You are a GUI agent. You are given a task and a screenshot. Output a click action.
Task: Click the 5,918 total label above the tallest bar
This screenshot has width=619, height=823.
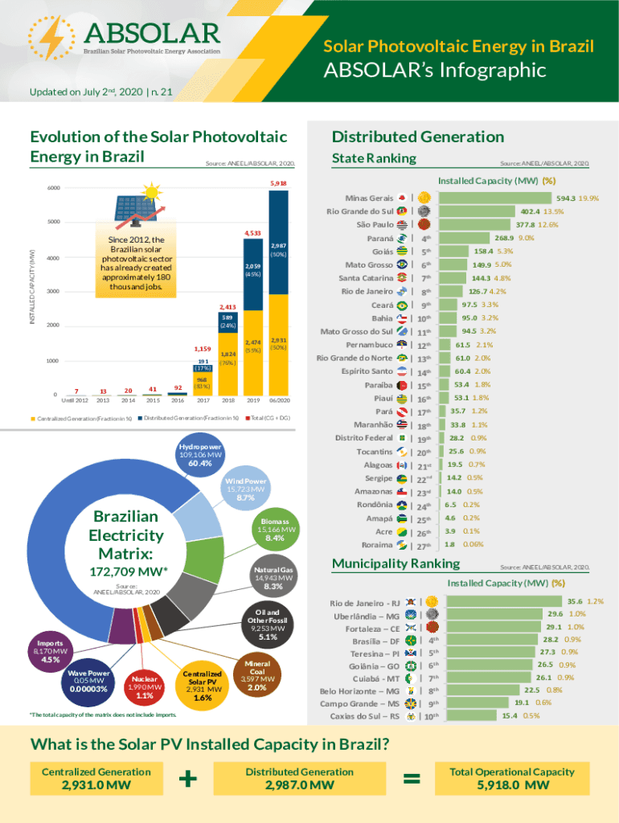[x=278, y=184]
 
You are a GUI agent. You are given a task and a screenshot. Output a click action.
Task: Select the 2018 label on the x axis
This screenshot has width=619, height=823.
[x=228, y=400]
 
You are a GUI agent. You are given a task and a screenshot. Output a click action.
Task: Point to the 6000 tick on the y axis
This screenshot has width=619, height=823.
[x=52, y=189]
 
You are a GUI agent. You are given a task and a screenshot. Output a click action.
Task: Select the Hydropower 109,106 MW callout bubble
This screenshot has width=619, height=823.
[x=200, y=454]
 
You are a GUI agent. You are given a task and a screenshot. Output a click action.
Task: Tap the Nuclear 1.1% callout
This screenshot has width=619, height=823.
[x=145, y=687]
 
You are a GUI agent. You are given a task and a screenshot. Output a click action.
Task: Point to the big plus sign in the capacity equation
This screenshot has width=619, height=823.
[x=188, y=779]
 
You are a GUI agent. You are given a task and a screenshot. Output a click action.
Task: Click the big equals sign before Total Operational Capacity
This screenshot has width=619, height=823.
[x=412, y=779]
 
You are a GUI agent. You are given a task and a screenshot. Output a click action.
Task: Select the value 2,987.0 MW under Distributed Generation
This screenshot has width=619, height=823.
[x=300, y=785]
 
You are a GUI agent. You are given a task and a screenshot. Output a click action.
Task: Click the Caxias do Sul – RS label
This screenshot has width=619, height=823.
[x=359, y=716]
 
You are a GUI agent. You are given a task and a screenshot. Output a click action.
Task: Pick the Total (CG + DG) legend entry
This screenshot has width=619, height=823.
[x=268, y=419]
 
